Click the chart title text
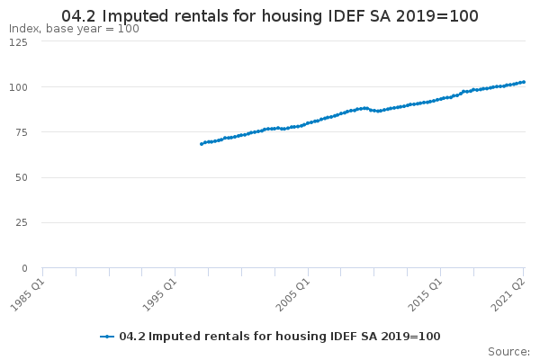270,16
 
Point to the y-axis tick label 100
19,87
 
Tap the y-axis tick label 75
22,132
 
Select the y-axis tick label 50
22,177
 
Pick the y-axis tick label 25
22,222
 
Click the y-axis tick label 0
25,267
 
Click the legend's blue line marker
108,336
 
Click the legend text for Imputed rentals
279,336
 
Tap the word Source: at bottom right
508,351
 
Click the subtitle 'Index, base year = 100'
74,29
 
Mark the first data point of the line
201,144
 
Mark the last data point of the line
524,82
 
